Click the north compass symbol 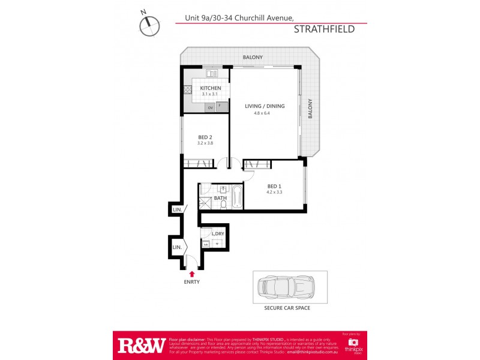[x=150, y=25]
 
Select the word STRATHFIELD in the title [x=324, y=29]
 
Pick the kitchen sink [x=211, y=74]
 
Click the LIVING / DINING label [x=265, y=106]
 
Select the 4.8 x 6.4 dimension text [x=262, y=113]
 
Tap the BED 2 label [x=205, y=137]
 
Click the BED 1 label [x=274, y=185]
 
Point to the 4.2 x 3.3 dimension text [x=274, y=192]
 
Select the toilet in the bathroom [x=223, y=205]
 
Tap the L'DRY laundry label [x=218, y=233]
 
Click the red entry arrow [x=192, y=274]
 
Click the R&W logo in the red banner [x=141, y=345]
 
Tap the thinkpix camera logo [x=353, y=343]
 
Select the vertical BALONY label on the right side [x=311, y=109]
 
